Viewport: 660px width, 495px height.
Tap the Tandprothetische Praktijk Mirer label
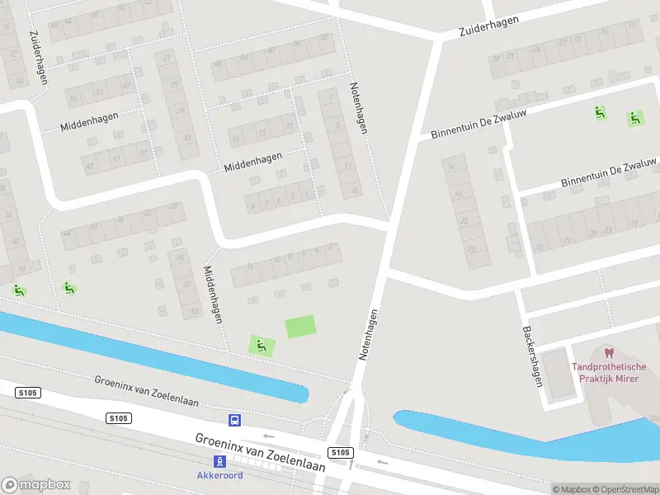pos(610,373)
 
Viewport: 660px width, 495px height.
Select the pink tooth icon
pos(610,353)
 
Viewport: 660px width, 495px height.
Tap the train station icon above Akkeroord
pos(220,461)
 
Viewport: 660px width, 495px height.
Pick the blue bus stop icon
pos(235,420)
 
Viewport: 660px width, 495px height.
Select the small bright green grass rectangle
pos(300,327)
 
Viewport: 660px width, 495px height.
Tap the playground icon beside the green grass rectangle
pos(262,346)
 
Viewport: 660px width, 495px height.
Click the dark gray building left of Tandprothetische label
pos(559,378)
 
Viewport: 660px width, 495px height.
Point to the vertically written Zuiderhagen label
pos(39,58)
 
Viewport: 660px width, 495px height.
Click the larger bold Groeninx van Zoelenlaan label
pos(260,452)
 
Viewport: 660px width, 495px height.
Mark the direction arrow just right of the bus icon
pos(267,436)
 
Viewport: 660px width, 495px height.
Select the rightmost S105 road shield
pos(341,453)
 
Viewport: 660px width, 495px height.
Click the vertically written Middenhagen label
pos(213,294)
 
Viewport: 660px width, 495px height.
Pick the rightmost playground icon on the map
pos(634,118)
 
